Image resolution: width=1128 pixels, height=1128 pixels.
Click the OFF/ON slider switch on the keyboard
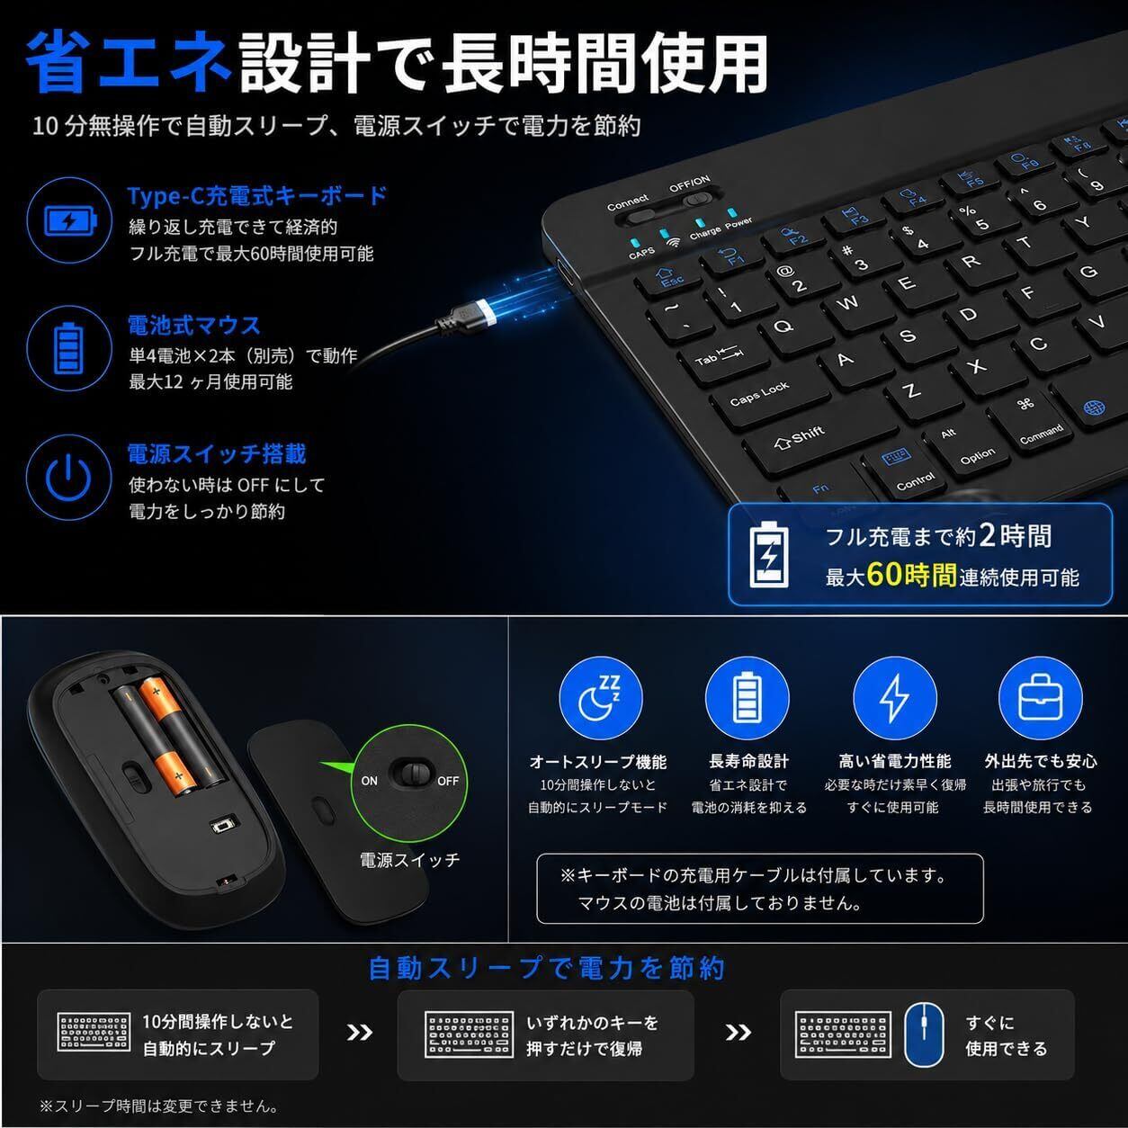point(696,199)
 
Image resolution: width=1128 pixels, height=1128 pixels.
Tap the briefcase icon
point(1040,697)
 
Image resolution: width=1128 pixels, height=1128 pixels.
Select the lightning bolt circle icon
point(894,697)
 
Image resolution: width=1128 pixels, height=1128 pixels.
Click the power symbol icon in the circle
point(68,478)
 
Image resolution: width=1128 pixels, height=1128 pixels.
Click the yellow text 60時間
point(911,575)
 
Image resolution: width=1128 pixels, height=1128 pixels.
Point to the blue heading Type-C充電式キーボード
point(257,195)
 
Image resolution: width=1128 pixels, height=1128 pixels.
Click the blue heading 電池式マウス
point(193,325)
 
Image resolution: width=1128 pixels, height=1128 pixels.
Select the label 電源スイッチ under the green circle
point(410,860)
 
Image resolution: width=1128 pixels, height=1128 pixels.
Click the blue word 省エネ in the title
point(129,61)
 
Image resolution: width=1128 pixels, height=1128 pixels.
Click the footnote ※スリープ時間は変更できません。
point(160,1106)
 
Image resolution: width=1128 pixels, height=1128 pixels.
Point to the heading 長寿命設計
point(748,761)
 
